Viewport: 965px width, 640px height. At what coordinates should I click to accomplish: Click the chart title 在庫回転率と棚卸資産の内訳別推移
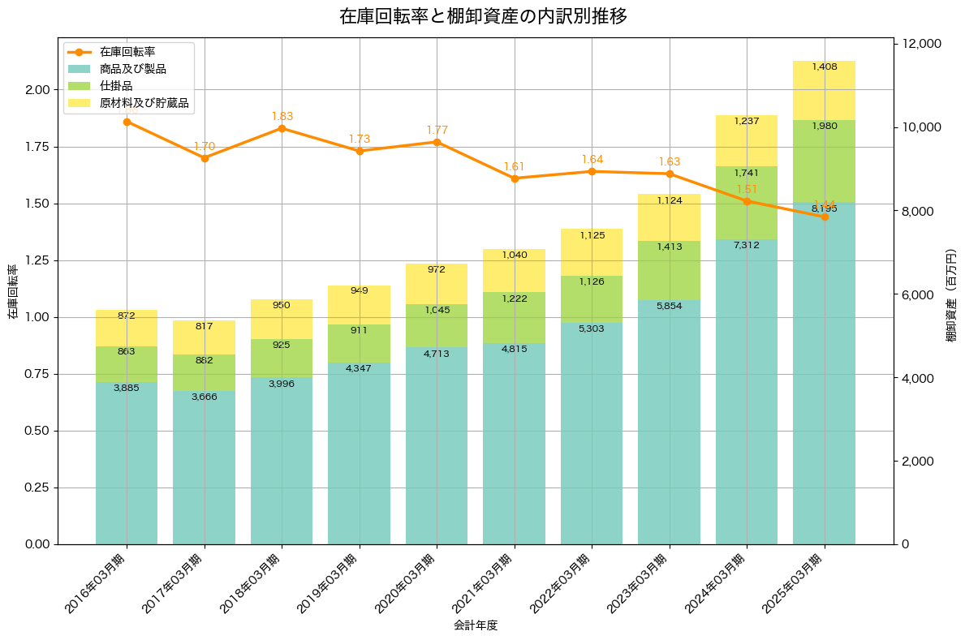[482, 16]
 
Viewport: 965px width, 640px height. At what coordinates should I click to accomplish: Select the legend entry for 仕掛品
[116, 86]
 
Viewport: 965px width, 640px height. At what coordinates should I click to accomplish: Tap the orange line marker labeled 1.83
[282, 128]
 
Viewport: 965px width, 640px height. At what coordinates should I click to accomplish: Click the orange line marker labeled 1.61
[515, 178]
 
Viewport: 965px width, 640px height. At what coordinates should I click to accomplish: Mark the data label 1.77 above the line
[437, 130]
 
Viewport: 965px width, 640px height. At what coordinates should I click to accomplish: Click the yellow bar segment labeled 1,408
[824, 90]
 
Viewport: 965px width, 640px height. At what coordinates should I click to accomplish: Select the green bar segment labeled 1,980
[824, 161]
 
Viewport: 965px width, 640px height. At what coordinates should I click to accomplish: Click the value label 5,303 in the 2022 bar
[592, 329]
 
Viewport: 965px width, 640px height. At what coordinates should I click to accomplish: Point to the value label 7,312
[747, 245]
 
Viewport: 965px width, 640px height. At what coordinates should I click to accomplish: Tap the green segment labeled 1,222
[515, 317]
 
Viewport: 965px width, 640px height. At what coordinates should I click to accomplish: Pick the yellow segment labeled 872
[127, 328]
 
